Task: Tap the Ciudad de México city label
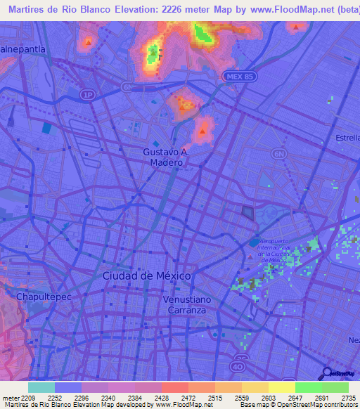pos(146,276)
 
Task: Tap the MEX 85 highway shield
pos(233,76)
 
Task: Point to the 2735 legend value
pos(349,398)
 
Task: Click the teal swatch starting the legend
pos(41,387)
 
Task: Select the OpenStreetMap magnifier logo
pos(326,373)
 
